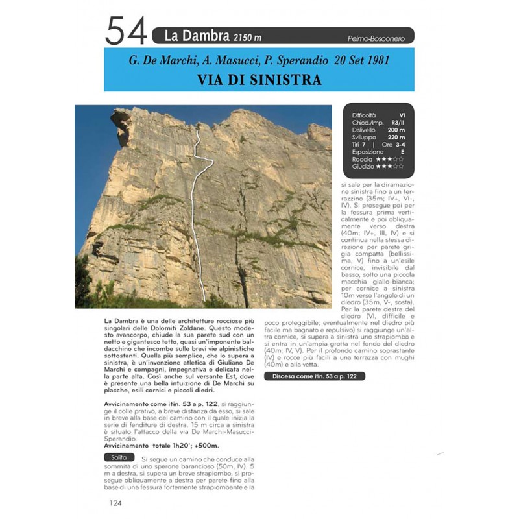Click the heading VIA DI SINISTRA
(x=259, y=80)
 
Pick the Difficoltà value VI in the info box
(x=402, y=115)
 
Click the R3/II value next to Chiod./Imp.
(x=398, y=122)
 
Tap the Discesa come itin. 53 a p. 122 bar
(x=314, y=376)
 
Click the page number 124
(x=117, y=502)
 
